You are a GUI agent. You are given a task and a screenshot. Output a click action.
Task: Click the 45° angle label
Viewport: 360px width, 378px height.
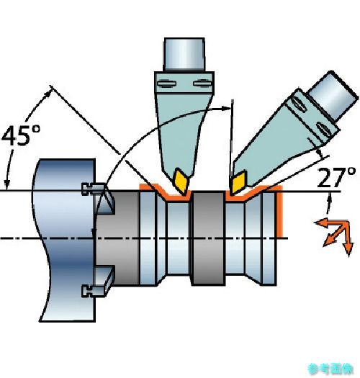click(21, 135)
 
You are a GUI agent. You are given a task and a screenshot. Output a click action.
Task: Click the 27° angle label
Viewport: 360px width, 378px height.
click(337, 177)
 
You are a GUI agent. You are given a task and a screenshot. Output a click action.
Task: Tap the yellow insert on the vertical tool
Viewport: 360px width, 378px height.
click(181, 181)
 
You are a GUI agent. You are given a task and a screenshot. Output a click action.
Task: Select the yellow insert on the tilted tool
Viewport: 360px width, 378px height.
click(239, 182)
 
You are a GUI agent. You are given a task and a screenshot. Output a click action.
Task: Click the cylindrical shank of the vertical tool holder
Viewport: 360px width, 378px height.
click(184, 55)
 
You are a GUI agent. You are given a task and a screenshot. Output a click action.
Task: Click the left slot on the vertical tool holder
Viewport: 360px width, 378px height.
click(166, 84)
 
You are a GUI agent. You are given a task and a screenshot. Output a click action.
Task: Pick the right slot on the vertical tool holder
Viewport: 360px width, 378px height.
click(202, 84)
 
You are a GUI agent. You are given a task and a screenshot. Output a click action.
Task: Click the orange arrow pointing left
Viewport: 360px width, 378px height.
click(330, 223)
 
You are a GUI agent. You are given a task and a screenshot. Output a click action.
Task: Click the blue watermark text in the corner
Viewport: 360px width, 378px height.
click(330, 369)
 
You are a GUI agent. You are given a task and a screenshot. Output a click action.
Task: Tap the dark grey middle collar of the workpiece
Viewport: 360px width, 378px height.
click(208, 238)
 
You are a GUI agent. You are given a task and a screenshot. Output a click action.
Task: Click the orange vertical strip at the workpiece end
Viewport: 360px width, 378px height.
click(279, 212)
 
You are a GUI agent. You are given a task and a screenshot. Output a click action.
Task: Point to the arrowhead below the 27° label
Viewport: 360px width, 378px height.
click(329, 199)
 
